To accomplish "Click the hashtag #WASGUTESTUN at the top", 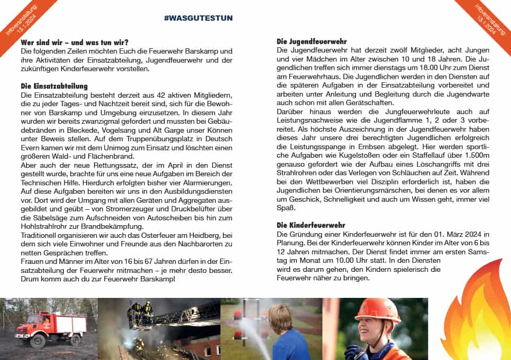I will click(x=198, y=18).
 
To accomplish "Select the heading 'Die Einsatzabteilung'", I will click(x=54, y=86).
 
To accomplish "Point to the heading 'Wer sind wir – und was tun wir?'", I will click(x=74, y=42).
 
